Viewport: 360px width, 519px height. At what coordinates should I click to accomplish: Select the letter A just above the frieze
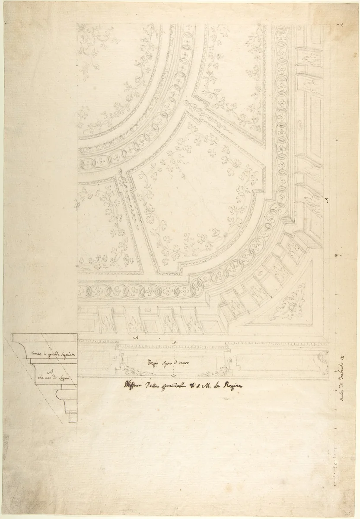tap(136, 337)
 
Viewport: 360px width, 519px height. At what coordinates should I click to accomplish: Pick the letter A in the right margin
tap(327, 199)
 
